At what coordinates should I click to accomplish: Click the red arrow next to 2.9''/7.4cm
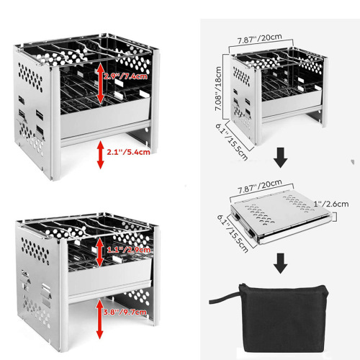coord(99,82)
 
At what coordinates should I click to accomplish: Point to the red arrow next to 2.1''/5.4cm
coord(99,154)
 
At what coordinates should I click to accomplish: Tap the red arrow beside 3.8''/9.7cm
coord(99,315)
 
